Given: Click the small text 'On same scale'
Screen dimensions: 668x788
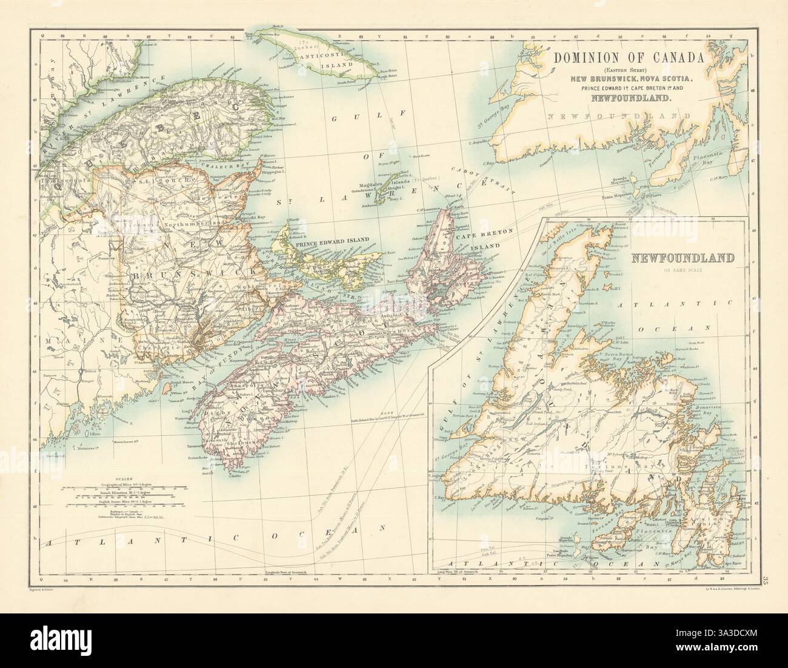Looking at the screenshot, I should (682, 269).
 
